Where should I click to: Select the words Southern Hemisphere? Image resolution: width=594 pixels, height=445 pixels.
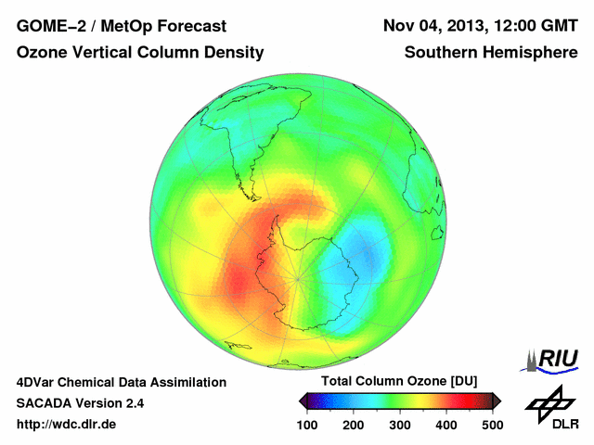point(491,54)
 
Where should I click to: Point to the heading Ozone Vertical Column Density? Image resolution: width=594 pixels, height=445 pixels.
point(140,54)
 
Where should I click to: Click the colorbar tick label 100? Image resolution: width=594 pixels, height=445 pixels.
point(306,425)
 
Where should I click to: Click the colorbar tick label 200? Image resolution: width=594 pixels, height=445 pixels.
point(353,425)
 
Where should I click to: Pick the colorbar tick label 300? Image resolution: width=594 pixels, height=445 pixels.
point(399,425)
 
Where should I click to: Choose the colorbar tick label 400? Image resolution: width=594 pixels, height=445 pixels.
point(445,425)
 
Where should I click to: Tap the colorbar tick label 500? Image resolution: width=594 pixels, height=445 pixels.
point(492,425)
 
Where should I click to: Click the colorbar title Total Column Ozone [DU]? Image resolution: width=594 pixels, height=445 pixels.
point(399,382)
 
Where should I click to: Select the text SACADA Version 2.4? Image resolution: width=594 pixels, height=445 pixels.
point(80,403)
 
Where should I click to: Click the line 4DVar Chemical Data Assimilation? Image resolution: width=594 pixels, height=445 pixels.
point(121,382)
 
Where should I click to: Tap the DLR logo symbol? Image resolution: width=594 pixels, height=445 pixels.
point(549,402)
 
